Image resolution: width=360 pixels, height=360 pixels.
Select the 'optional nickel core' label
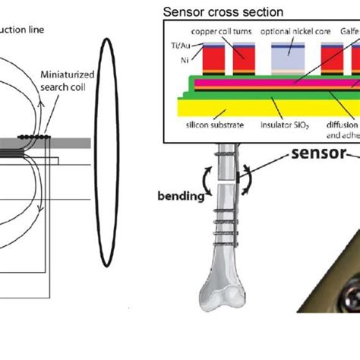point(292,33)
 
